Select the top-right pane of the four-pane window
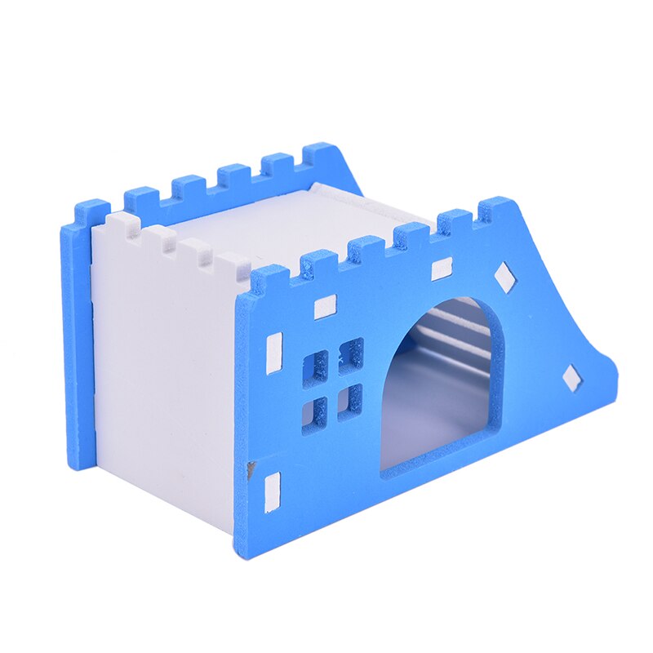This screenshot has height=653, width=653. pos(351,353)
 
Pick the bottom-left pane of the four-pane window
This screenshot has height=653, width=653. pos(314,412)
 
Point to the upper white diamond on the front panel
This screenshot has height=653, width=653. pos(506,278)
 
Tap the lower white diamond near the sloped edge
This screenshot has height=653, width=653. pos(573,378)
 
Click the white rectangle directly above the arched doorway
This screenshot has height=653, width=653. pos(442,269)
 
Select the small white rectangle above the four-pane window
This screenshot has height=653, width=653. pos(325,307)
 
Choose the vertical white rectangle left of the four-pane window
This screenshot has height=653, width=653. pos(274,353)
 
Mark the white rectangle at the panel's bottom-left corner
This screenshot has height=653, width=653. pos(273,488)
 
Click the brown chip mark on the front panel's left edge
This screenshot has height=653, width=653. pos(251,469)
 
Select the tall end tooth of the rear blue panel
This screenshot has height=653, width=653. pos(321,158)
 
